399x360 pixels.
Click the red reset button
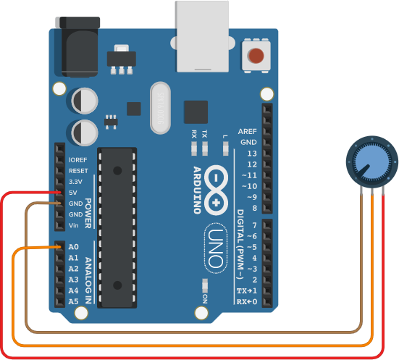256,56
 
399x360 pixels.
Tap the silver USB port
202,36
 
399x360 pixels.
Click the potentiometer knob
372,162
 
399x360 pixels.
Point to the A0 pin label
74,247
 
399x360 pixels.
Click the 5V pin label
73,193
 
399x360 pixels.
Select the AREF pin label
248,131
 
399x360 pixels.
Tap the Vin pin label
74,225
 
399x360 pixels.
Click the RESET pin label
78,171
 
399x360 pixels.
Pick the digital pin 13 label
252,154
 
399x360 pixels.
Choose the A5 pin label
74,301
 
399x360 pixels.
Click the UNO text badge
216,248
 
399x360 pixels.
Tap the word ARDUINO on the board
197,191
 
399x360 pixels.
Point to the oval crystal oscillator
160,108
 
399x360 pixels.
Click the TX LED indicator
205,148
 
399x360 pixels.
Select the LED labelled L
225,148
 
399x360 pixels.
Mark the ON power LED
205,285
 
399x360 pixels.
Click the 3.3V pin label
75,182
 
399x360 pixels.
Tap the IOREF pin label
78,160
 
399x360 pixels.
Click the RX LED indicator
194,148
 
